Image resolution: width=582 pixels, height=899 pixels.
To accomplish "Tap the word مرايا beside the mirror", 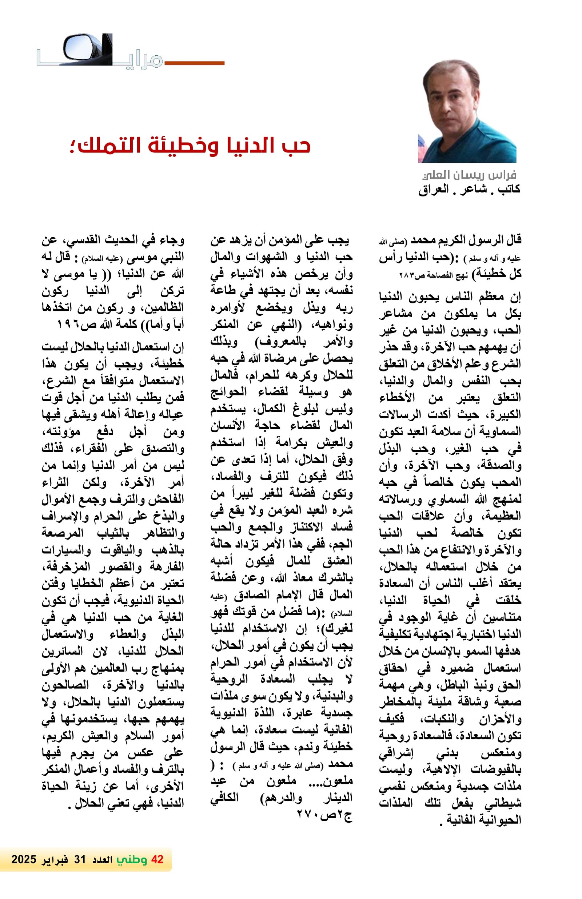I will click(x=144, y=60).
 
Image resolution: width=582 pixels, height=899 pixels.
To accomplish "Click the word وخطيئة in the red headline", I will click(x=174, y=146).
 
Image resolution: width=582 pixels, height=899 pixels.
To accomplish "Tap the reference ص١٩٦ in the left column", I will click(x=72, y=325).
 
